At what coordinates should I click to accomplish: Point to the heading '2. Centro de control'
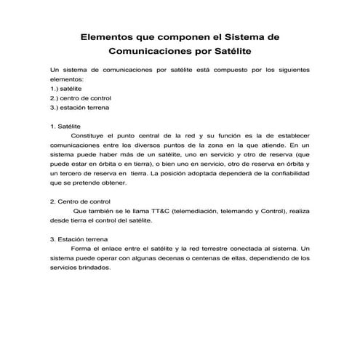pos(80,201)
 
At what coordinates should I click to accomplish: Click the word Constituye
pos(90,135)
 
